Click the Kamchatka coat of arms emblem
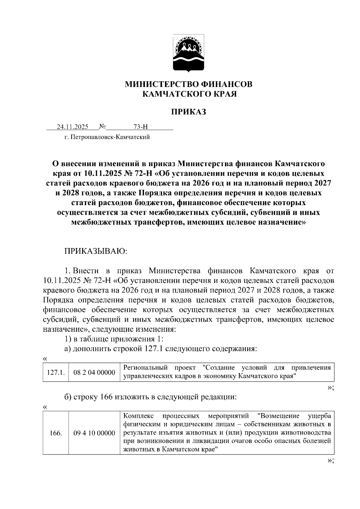click(188, 53)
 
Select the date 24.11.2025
click(73, 127)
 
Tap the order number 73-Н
click(141, 127)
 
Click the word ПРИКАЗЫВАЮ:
click(96, 251)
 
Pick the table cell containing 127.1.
click(56, 373)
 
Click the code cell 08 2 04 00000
click(94, 373)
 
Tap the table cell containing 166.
click(56, 433)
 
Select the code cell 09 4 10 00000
click(94, 433)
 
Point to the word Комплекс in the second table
click(139, 416)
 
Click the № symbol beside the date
click(102, 127)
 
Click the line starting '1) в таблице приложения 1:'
click(114, 339)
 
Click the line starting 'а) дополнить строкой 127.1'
click(161, 349)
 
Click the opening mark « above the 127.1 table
click(45, 359)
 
